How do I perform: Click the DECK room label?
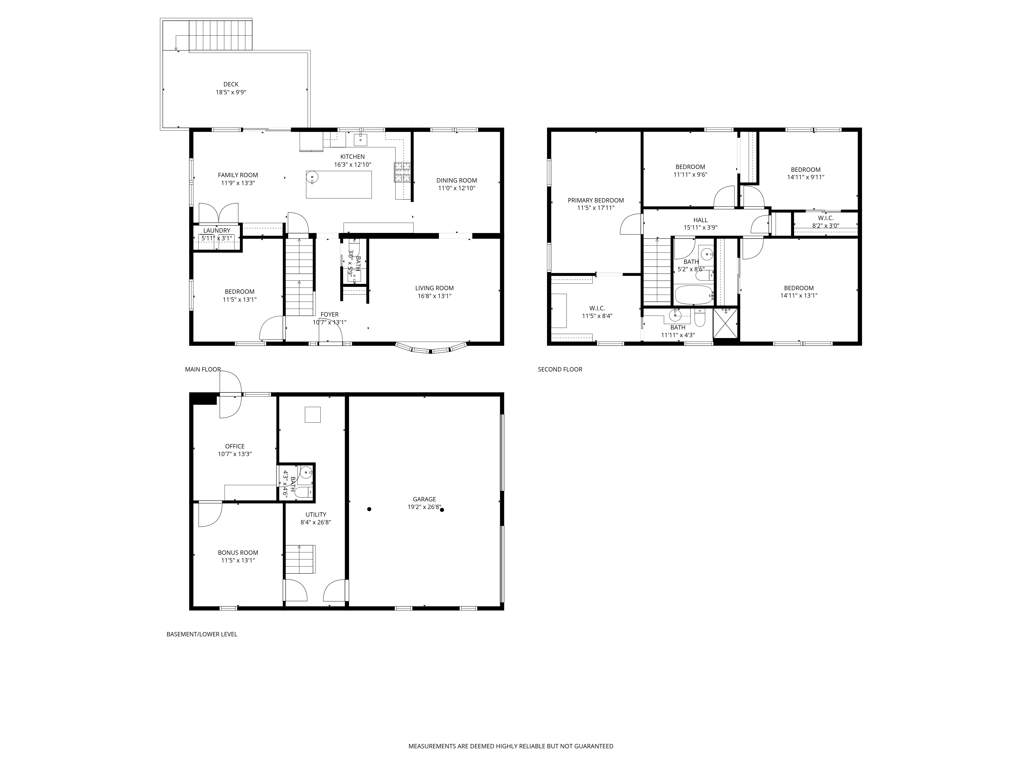[x=231, y=84]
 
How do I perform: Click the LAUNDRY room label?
[x=217, y=230]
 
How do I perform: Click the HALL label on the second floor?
[x=700, y=220]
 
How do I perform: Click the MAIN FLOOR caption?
[x=203, y=369]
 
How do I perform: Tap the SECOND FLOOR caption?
[x=560, y=369]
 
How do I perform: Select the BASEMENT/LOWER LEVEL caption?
[x=202, y=634]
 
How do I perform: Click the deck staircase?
[x=221, y=35]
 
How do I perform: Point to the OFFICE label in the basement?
[x=235, y=446]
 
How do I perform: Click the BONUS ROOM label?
[x=238, y=552]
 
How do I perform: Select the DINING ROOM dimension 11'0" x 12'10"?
[x=457, y=188]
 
